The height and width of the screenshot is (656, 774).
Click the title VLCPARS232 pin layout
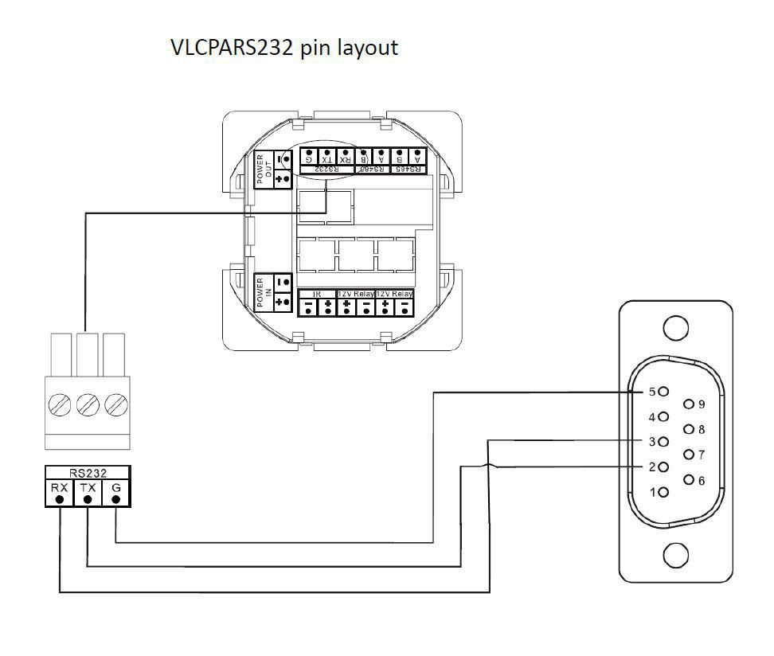tap(284, 47)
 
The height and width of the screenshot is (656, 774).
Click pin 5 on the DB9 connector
tap(663, 392)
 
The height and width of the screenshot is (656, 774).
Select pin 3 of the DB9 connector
tap(663, 441)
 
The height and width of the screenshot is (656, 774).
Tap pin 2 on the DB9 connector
tap(663, 467)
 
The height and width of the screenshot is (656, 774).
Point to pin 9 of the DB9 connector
tap(688, 404)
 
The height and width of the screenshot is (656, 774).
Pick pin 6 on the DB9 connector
tap(688, 480)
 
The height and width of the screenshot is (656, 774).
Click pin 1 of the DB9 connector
tap(663, 492)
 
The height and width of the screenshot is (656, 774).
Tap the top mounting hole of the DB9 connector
tap(675, 327)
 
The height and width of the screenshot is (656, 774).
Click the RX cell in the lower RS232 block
tap(59, 493)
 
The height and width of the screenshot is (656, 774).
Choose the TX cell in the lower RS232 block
tap(88, 493)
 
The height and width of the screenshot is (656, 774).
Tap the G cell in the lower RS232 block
tap(116, 493)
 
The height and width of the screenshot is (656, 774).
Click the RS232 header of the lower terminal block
tap(88, 472)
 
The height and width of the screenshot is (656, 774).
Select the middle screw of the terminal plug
tap(88, 405)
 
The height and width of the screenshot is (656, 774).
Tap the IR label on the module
tap(317, 294)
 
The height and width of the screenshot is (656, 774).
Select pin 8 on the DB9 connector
tap(688, 430)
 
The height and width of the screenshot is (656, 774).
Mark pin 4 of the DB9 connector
tap(663, 416)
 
